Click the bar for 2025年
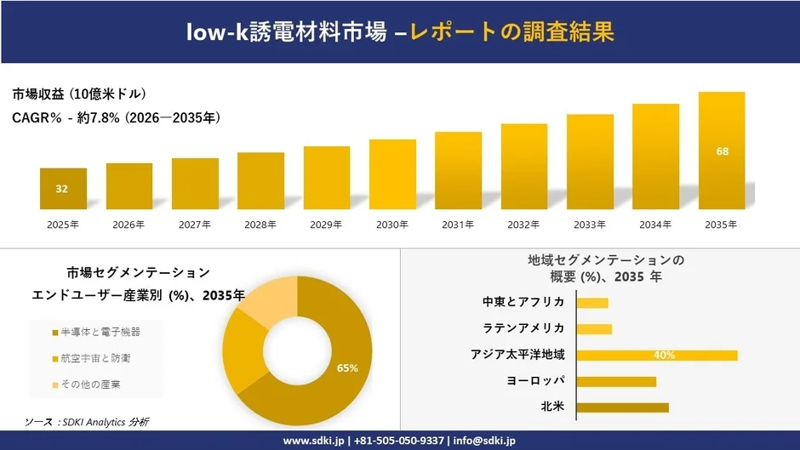click(63, 189)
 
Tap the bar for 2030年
click(392, 174)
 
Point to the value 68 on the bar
click(722, 151)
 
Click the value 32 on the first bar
click(62, 189)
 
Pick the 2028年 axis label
click(260, 225)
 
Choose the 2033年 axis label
click(590, 225)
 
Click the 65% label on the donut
click(347, 368)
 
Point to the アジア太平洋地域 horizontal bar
click(656, 355)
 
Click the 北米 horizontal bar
click(622, 407)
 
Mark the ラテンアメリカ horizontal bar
click(594, 328)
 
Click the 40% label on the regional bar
click(665, 355)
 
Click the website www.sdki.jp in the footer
click(313, 441)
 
